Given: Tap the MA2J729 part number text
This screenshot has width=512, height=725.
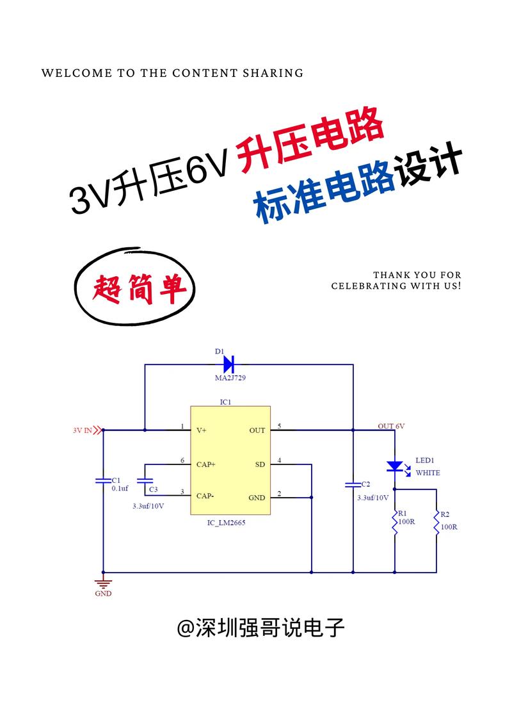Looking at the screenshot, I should tap(230, 379).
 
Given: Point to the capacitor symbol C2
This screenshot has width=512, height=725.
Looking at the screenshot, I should tap(352, 484).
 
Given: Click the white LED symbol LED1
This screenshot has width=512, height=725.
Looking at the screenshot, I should tap(395, 466).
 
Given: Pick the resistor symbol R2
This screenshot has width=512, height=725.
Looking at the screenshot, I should tap(436, 524).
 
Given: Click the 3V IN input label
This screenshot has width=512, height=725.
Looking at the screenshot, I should tap(83, 430).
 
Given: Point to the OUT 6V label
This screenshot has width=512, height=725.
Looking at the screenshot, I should tap(391, 426).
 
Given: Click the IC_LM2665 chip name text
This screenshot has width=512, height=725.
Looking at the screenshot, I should tap(227, 523).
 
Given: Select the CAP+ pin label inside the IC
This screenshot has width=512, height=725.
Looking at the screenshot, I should tap(206, 464).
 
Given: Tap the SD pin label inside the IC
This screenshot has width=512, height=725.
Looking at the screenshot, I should tap(260, 464).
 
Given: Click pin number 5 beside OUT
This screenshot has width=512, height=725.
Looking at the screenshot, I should tap(279, 427).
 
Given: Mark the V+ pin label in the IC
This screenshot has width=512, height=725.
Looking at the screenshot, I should tap(202, 430).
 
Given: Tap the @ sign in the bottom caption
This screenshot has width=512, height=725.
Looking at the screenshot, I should tap(186, 628).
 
